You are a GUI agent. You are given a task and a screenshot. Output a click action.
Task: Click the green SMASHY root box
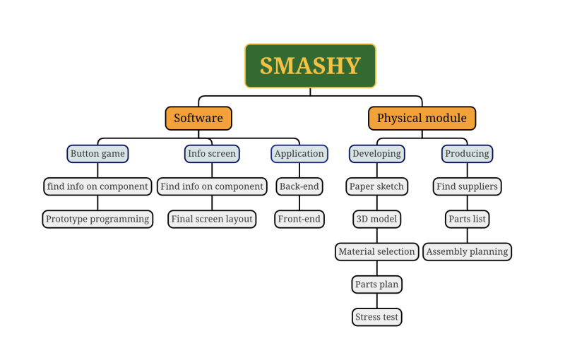pyautogui.click(x=310, y=66)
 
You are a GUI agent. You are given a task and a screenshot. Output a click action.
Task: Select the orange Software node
pyautogui.click(x=198, y=118)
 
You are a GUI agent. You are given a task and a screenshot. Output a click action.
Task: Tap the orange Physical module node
pyautogui.click(x=422, y=118)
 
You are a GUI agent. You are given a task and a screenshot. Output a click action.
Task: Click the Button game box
pyautogui.click(x=97, y=153)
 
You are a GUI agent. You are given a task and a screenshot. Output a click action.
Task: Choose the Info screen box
pyautogui.click(x=212, y=153)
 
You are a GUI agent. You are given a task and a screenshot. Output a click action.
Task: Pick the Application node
pyautogui.click(x=299, y=153)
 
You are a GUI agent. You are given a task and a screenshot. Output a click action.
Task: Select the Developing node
pyautogui.click(x=376, y=153)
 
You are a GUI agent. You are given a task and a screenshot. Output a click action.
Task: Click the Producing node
pyautogui.click(x=467, y=153)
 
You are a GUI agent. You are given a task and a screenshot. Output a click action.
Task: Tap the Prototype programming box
pyautogui.click(x=97, y=219)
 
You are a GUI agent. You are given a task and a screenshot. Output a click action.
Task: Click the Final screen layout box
pyautogui.click(x=212, y=219)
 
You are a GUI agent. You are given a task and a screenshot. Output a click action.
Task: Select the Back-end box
pyautogui.click(x=299, y=186)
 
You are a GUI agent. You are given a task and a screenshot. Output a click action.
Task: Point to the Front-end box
pyautogui.click(x=299, y=219)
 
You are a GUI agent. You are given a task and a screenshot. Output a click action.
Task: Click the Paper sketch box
pyautogui.click(x=376, y=186)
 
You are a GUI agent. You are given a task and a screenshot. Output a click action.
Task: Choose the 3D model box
pyautogui.click(x=376, y=219)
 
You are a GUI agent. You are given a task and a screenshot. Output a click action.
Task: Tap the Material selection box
pyautogui.click(x=376, y=251)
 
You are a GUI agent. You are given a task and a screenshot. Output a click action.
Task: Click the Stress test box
pyautogui.click(x=376, y=317)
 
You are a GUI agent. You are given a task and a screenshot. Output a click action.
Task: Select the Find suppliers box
pyautogui.click(x=467, y=186)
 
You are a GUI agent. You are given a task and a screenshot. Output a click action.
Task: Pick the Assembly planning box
pyautogui.click(x=467, y=251)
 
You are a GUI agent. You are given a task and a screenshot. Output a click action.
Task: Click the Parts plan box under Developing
pyautogui.click(x=376, y=284)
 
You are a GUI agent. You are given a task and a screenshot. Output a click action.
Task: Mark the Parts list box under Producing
pyautogui.click(x=467, y=219)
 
